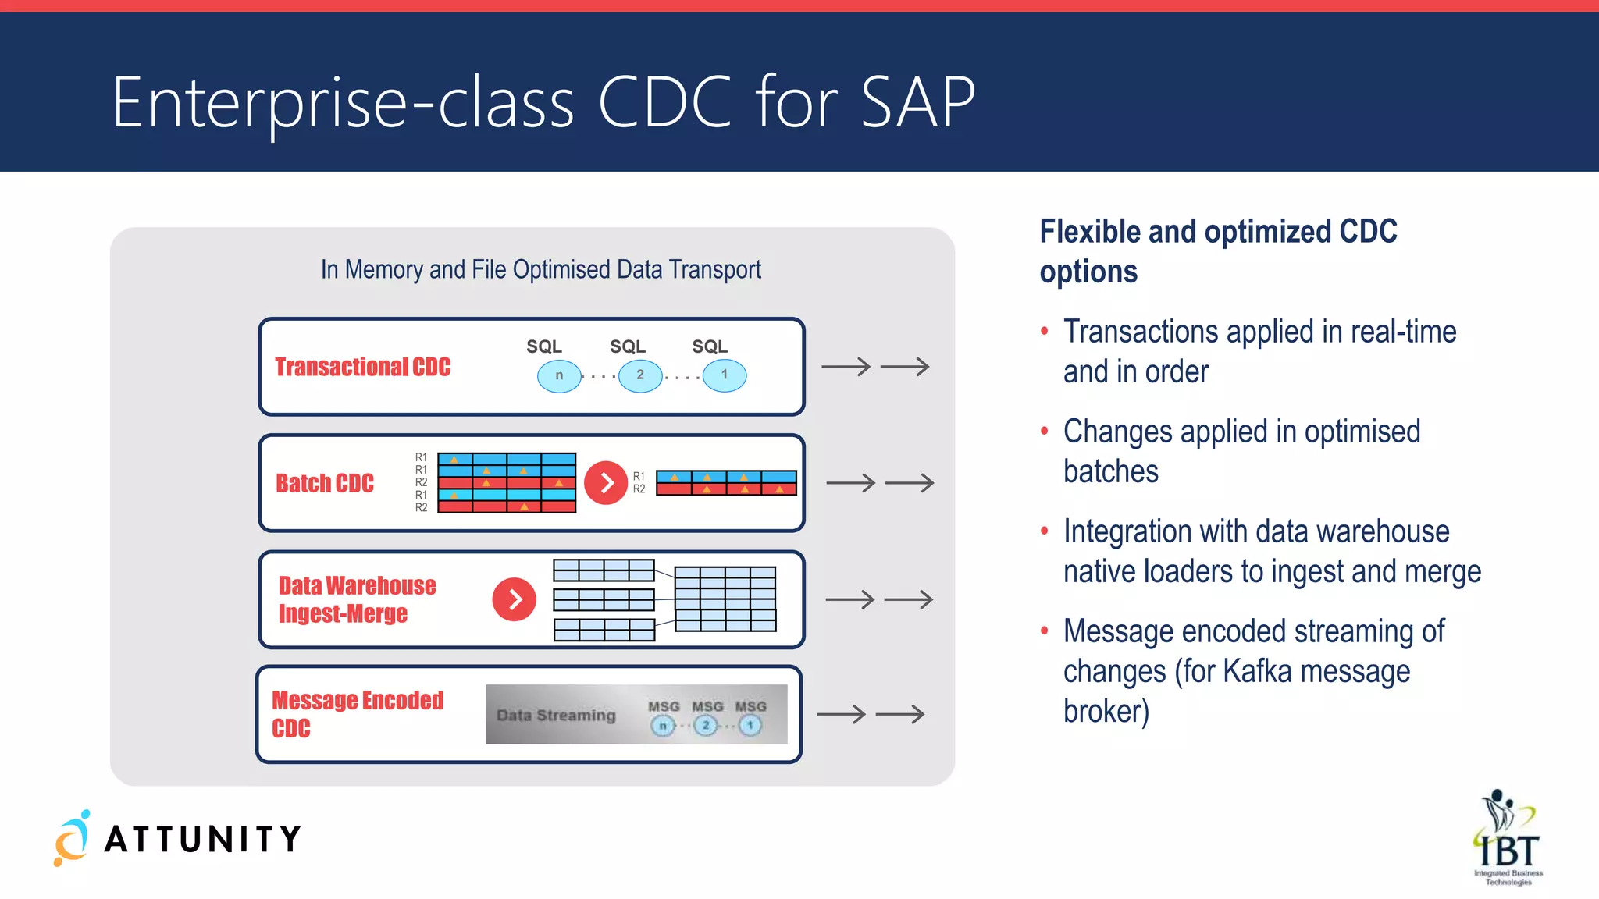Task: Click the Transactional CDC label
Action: tap(362, 367)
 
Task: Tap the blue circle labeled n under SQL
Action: tap(559, 375)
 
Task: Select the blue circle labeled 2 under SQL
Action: tap(640, 375)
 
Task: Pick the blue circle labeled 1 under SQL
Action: tap(724, 375)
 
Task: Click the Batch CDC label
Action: tap(325, 483)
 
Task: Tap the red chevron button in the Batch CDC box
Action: tap(606, 483)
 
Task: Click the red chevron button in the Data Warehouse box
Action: tap(514, 599)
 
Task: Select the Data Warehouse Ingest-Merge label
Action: tap(357, 599)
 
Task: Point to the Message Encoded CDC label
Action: tap(357, 713)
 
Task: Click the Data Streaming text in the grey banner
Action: tap(556, 715)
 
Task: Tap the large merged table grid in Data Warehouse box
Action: tap(725, 599)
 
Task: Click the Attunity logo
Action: tap(178, 838)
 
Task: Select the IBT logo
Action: tap(1508, 838)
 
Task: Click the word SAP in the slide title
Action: tap(918, 102)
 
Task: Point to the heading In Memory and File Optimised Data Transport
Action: tap(540, 269)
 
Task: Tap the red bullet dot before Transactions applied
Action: tap(1045, 331)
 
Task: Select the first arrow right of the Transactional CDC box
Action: tap(846, 367)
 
